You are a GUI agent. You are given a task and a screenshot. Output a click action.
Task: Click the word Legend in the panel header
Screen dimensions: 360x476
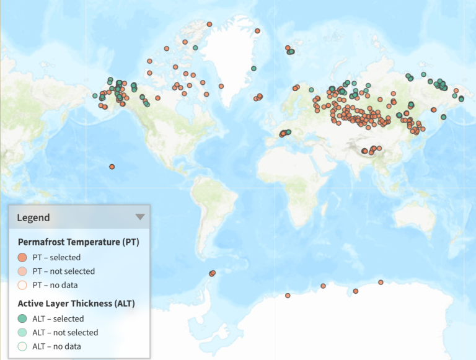click(33, 217)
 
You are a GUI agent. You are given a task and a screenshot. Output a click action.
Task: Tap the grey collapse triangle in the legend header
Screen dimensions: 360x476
click(140, 217)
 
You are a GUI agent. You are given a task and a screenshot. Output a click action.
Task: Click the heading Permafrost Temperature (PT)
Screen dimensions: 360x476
click(78, 242)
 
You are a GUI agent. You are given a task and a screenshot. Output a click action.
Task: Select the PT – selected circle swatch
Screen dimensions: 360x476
click(22, 257)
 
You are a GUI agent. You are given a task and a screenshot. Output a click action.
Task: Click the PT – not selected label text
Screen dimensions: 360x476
click(63, 271)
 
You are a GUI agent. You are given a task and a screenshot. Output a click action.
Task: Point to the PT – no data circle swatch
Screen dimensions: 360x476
click(22, 285)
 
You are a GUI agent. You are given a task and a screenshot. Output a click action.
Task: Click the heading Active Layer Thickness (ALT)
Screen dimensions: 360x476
click(76, 303)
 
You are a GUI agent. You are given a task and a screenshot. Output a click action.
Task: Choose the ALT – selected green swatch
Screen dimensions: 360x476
click(22, 318)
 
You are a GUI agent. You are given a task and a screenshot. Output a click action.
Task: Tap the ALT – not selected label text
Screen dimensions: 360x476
click(65, 332)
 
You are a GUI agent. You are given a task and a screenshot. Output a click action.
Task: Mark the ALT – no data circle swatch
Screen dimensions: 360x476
click(22, 346)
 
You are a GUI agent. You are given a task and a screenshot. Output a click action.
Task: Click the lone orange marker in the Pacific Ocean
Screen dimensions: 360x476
click(112, 167)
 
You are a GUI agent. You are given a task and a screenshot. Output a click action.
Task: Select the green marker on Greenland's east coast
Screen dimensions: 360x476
click(253, 68)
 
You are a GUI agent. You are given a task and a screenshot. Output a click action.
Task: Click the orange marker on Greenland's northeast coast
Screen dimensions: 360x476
click(257, 31)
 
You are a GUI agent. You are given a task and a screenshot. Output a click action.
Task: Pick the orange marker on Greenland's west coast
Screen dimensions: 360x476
click(221, 86)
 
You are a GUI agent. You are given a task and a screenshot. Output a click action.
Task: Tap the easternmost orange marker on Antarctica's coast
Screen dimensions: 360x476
click(381, 283)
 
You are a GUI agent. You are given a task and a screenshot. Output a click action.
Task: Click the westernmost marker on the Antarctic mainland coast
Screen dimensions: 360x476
click(288, 296)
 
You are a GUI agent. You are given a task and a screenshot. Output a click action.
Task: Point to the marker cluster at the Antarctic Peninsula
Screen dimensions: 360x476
click(212, 273)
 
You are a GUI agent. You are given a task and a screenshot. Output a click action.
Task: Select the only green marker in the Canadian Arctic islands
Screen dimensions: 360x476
click(195, 48)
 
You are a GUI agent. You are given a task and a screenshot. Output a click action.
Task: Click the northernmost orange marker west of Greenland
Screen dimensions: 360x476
click(209, 24)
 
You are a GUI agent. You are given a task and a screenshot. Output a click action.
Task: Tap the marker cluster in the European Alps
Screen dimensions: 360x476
click(284, 133)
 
